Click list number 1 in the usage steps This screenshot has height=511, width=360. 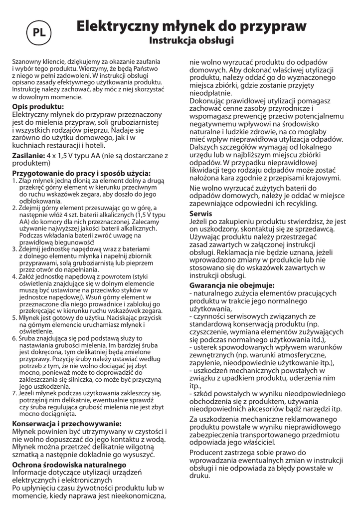[15, 180]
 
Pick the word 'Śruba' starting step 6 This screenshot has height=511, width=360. [28, 324]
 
